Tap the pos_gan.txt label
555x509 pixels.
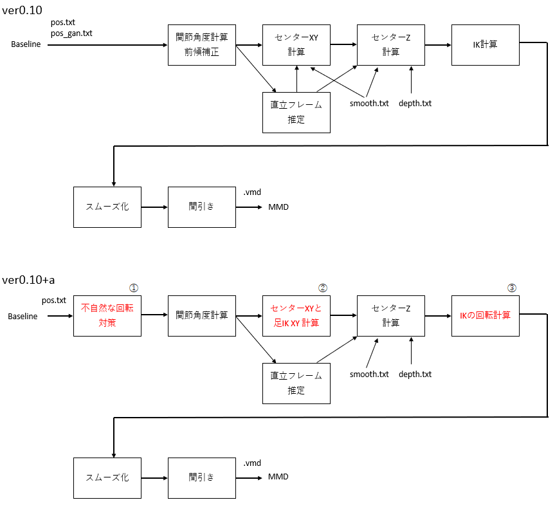pyautogui.click(x=71, y=33)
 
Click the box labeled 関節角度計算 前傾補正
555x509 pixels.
pyautogui.click(x=201, y=45)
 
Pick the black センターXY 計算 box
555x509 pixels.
pyautogui.click(x=296, y=45)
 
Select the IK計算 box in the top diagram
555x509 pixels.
pyautogui.click(x=485, y=45)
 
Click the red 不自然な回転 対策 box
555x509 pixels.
pyautogui.click(x=107, y=315)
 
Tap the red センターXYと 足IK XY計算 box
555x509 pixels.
pyautogui.click(x=296, y=315)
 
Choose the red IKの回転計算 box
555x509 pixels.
pyautogui.click(x=485, y=315)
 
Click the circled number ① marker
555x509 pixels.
pyautogui.click(x=134, y=288)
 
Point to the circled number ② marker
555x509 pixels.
pyautogui.click(x=323, y=288)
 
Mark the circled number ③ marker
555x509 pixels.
pyautogui.click(x=512, y=288)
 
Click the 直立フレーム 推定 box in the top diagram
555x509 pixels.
pyautogui.click(x=296, y=113)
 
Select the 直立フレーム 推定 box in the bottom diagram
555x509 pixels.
pyautogui.click(x=296, y=383)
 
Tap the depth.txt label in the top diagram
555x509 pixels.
pyautogui.click(x=415, y=103)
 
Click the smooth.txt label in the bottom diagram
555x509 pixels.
pyautogui.click(x=369, y=374)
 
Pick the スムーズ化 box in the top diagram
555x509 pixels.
pyautogui.click(x=107, y=207)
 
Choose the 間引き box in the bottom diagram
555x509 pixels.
pyautogui.click(x=201, y=477)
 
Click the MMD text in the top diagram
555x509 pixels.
pyautogui.click(x=278, y=207)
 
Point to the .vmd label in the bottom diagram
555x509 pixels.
pyautogui.click(x=252, y=463)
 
